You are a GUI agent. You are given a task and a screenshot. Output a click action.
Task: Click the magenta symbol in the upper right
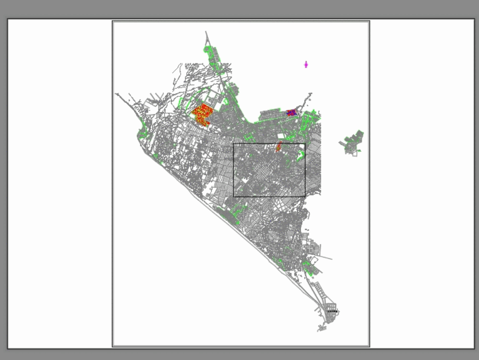coord(306,64)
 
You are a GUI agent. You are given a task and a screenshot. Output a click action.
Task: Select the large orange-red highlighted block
coord(203,115)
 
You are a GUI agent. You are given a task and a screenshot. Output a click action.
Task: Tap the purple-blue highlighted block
coord(291,113)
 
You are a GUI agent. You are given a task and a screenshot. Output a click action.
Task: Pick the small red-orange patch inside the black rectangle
coord(278,146)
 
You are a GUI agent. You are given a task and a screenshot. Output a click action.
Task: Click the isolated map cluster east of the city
coord(353,141)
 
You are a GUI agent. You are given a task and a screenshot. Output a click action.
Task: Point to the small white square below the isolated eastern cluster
coord(355,153)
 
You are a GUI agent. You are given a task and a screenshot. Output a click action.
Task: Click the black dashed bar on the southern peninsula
coord(332,312)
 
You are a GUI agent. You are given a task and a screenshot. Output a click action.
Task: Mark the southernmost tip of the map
coord(319,331)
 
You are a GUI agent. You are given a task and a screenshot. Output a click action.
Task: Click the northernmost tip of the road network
coord(206,32)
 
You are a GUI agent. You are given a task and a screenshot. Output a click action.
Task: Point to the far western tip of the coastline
coord(115,94)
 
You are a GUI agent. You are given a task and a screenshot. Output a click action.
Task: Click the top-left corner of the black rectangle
coord(234,143)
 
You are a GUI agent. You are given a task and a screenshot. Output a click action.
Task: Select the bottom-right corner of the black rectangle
coord(305,197)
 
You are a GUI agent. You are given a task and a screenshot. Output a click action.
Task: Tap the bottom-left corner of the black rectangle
coord(234,197)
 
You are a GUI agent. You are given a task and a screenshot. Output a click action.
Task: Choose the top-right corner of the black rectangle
coord(305,143)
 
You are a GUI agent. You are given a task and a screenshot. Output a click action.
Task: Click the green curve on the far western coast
coord(142,132)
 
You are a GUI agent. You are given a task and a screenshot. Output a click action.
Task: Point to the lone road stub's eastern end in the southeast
coord(331,259)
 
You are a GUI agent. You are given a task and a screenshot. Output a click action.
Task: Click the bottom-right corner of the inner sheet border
coord(369,346)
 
